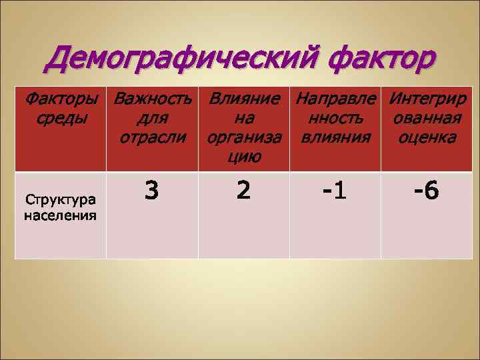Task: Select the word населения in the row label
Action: coord(60,215)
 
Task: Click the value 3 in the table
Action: coord(152,191)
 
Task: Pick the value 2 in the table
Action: coord(243,191)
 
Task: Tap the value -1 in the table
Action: coord(335,192)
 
